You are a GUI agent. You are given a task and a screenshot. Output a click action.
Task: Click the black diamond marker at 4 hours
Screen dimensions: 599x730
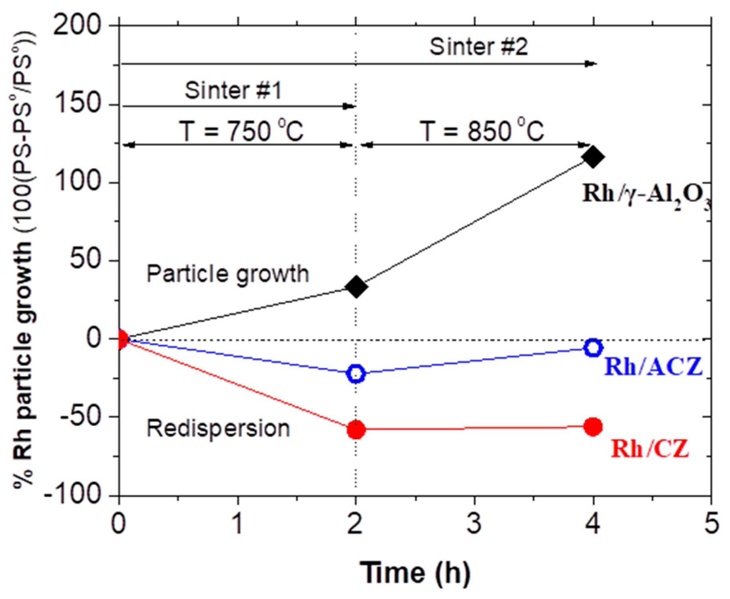click(593, 157)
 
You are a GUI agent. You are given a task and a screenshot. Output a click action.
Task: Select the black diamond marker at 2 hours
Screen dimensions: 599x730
click(356, 286)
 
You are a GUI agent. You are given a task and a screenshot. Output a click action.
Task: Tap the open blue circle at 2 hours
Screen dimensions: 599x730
click(356, 373)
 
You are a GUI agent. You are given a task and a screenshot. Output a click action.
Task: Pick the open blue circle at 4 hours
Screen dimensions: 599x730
click(593, 347)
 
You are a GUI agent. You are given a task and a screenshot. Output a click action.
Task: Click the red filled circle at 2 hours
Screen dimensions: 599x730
click(356, 430)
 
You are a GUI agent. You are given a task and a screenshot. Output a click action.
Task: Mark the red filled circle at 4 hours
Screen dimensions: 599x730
click(593, 426)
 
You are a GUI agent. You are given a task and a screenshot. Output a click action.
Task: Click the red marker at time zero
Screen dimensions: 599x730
click(120, 339)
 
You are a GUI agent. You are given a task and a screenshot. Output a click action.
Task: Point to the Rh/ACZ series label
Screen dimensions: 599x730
click(653, 366)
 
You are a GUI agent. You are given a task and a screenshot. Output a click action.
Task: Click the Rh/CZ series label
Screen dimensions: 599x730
click(650, 448)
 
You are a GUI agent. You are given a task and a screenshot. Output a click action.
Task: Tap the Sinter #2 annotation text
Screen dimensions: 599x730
click(479, 47)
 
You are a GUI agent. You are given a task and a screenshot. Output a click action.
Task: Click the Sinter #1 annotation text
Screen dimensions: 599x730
click(233, 90)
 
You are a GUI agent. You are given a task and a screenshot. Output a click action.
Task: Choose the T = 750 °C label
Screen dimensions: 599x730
click(241, 130)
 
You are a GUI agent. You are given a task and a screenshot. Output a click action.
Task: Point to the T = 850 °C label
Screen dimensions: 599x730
click(482, 130)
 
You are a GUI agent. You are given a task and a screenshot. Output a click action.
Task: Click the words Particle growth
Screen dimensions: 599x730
click(228, 274)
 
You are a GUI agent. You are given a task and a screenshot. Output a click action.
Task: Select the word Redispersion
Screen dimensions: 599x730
click(218, 428)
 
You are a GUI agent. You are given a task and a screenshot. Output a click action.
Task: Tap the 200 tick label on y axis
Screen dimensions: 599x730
click(77, 26)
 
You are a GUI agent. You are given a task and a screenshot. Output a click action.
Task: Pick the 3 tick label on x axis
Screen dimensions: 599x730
click(474, 523)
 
